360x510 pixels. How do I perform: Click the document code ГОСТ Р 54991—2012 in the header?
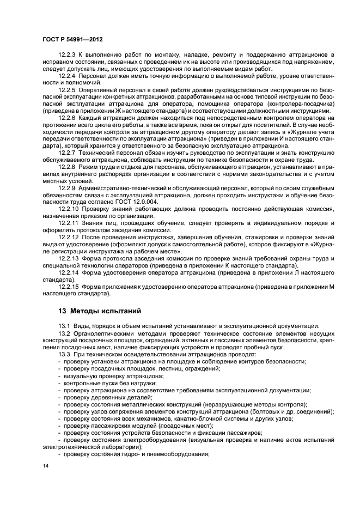(74, 39)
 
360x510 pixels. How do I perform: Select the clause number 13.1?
(64, 325)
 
